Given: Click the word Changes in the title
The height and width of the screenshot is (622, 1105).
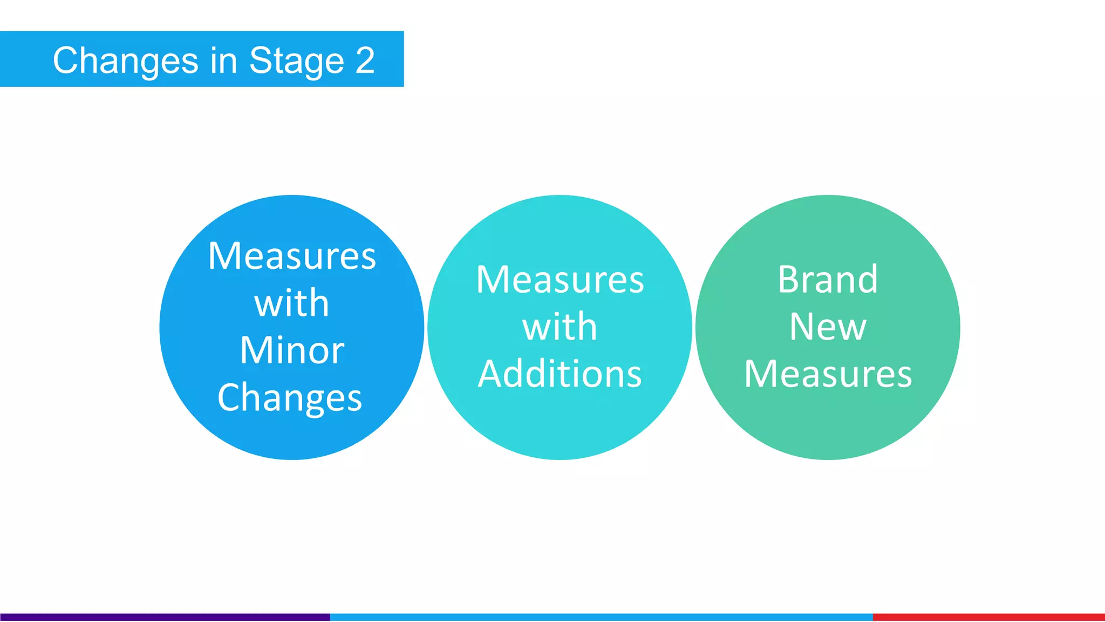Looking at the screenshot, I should (126, 61).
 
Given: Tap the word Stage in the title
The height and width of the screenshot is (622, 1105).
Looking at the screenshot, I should (296, 61).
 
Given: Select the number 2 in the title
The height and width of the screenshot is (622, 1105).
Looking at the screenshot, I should (365, 60).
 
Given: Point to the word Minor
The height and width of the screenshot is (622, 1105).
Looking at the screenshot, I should (292, 350).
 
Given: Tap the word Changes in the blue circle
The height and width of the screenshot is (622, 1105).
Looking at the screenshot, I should (290, 398).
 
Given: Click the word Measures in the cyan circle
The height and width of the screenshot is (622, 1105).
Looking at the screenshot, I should (560, 280).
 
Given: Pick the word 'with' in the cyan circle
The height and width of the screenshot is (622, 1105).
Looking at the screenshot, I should (560, 327).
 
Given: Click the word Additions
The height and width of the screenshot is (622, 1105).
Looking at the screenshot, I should (560, 374).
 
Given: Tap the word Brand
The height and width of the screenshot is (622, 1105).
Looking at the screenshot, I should (828, 280).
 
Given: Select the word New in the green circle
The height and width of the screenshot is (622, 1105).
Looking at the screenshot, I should (828, 327).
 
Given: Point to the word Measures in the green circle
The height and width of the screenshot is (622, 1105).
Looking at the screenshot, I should (828, 374).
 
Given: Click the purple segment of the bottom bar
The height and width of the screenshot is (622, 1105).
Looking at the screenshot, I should (165, 617).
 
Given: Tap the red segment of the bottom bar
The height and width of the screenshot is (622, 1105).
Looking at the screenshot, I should (988, 617).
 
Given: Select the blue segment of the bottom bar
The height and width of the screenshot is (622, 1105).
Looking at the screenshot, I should (601, 617).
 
